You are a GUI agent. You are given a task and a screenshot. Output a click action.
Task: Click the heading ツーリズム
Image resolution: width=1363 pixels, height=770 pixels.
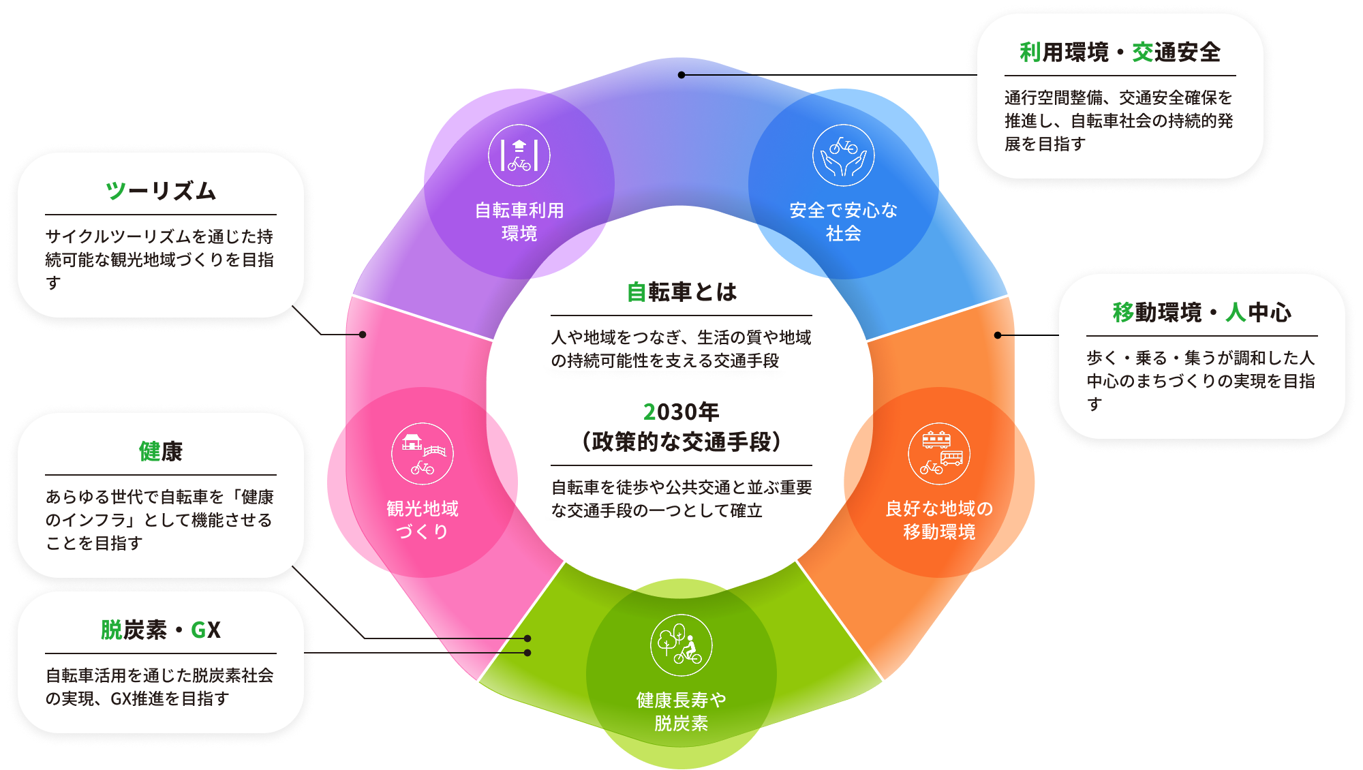click(161, 191)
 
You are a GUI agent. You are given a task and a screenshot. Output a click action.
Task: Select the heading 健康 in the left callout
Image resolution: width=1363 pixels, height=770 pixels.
click(161, 451)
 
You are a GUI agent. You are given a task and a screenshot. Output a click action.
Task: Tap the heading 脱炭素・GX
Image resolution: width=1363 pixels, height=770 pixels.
click(161, 630)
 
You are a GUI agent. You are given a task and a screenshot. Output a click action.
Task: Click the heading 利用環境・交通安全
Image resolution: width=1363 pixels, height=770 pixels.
click(1120, 52)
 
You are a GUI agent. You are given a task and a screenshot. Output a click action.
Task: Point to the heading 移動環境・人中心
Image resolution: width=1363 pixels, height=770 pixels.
click(1201, 312)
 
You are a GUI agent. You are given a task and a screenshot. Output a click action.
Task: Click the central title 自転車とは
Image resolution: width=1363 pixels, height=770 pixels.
click(681, 292)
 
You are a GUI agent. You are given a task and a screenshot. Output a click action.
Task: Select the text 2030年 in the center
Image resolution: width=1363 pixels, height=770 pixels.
click(681, 412)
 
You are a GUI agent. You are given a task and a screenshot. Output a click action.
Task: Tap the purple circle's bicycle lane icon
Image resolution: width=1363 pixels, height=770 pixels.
click(519, 155)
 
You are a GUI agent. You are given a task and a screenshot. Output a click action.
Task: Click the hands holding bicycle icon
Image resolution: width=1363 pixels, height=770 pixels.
click(844, 155)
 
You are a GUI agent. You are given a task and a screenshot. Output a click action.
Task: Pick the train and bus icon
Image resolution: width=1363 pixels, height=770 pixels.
click(939, 454)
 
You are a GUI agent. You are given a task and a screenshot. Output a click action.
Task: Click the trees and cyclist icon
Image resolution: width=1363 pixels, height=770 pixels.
click(681, 645)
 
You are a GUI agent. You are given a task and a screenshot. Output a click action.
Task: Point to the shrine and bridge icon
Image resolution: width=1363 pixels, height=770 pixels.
click(423, 454)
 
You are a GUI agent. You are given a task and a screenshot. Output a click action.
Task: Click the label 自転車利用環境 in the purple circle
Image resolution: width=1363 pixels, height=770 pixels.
click(519, 221)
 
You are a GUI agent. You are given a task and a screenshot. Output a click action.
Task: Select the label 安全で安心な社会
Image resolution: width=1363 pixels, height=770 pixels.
click(844, 221)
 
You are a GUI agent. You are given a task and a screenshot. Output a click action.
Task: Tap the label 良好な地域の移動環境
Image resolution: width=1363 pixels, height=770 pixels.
click(939, 520)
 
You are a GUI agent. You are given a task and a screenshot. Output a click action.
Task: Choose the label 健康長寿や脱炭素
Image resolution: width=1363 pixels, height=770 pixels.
click(681, 711)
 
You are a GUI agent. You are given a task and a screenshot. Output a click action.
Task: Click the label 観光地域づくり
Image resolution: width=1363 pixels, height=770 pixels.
click(423, 520)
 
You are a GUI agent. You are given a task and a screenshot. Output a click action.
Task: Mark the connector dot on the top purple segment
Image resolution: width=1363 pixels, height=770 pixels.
click(681, 75)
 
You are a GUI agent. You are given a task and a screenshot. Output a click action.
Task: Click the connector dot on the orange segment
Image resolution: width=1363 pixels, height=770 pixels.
click(998, 335)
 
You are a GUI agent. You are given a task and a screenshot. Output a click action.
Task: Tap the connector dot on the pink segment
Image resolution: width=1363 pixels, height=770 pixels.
click(363, 335)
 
